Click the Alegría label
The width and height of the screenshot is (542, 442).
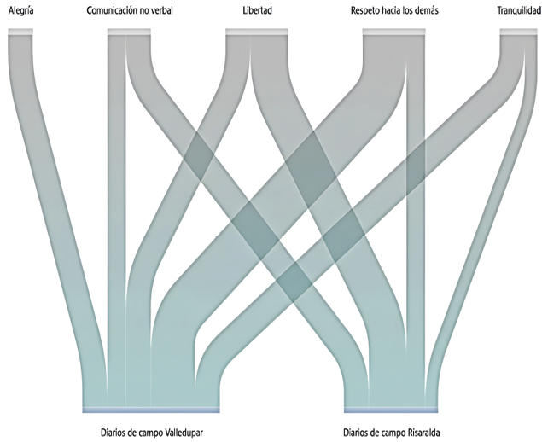(20, 11)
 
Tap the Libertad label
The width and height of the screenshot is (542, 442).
(257, 11)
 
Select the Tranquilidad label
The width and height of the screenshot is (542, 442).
(519, 11)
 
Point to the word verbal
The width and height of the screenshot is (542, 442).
(162, 11)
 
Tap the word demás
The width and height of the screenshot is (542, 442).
(428, 11)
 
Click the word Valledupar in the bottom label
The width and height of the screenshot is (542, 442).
(184, 433)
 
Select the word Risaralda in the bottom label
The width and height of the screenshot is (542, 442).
(423, 433)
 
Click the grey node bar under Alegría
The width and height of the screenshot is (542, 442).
(20, 32)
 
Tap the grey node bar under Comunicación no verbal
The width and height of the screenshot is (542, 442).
(129, 32)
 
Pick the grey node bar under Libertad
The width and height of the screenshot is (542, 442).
(257, 32)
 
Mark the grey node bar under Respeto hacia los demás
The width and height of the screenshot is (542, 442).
(393, 32)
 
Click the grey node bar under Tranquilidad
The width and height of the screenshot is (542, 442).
(519, 32)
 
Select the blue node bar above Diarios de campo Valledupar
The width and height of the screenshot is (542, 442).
(151, 410)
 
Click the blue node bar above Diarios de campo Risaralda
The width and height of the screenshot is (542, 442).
(391, 410)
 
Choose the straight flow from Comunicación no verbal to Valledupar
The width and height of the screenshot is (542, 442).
(116, 221)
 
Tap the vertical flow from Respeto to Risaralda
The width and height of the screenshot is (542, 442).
(416, 221)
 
